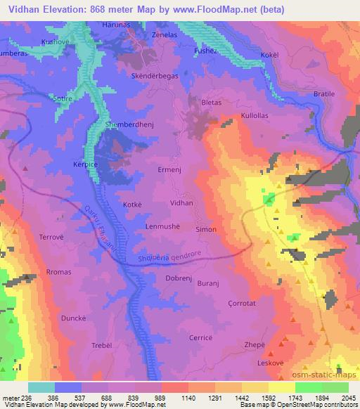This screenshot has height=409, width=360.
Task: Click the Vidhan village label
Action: click(x=181, y=202)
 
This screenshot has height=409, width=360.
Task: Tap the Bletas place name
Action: click(x=211, y=102)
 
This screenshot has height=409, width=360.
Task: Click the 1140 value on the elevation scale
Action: click(x=162, y=397)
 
